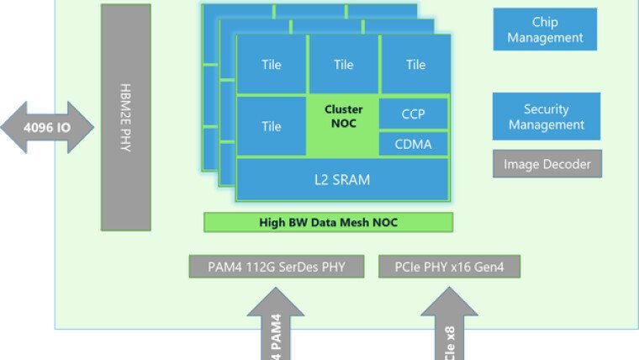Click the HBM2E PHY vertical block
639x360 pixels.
coord(126,117)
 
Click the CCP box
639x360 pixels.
coord(414,113)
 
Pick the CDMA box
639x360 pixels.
coord(414,144)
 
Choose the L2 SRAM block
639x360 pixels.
coord(342,179)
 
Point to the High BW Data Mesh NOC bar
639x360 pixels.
coord(329,222)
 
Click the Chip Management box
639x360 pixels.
coord(545,29)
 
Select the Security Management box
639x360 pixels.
coord(547,117)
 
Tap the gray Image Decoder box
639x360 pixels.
coord(547,164)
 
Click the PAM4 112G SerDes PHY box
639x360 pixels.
coord(277,267)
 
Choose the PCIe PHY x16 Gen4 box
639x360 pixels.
coord(450,267)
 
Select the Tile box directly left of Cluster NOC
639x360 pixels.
coord(272,126)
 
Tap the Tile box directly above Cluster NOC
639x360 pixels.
coord(343,65)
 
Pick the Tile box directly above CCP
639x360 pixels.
coord(415,65)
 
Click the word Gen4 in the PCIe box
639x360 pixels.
coord(497,267)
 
